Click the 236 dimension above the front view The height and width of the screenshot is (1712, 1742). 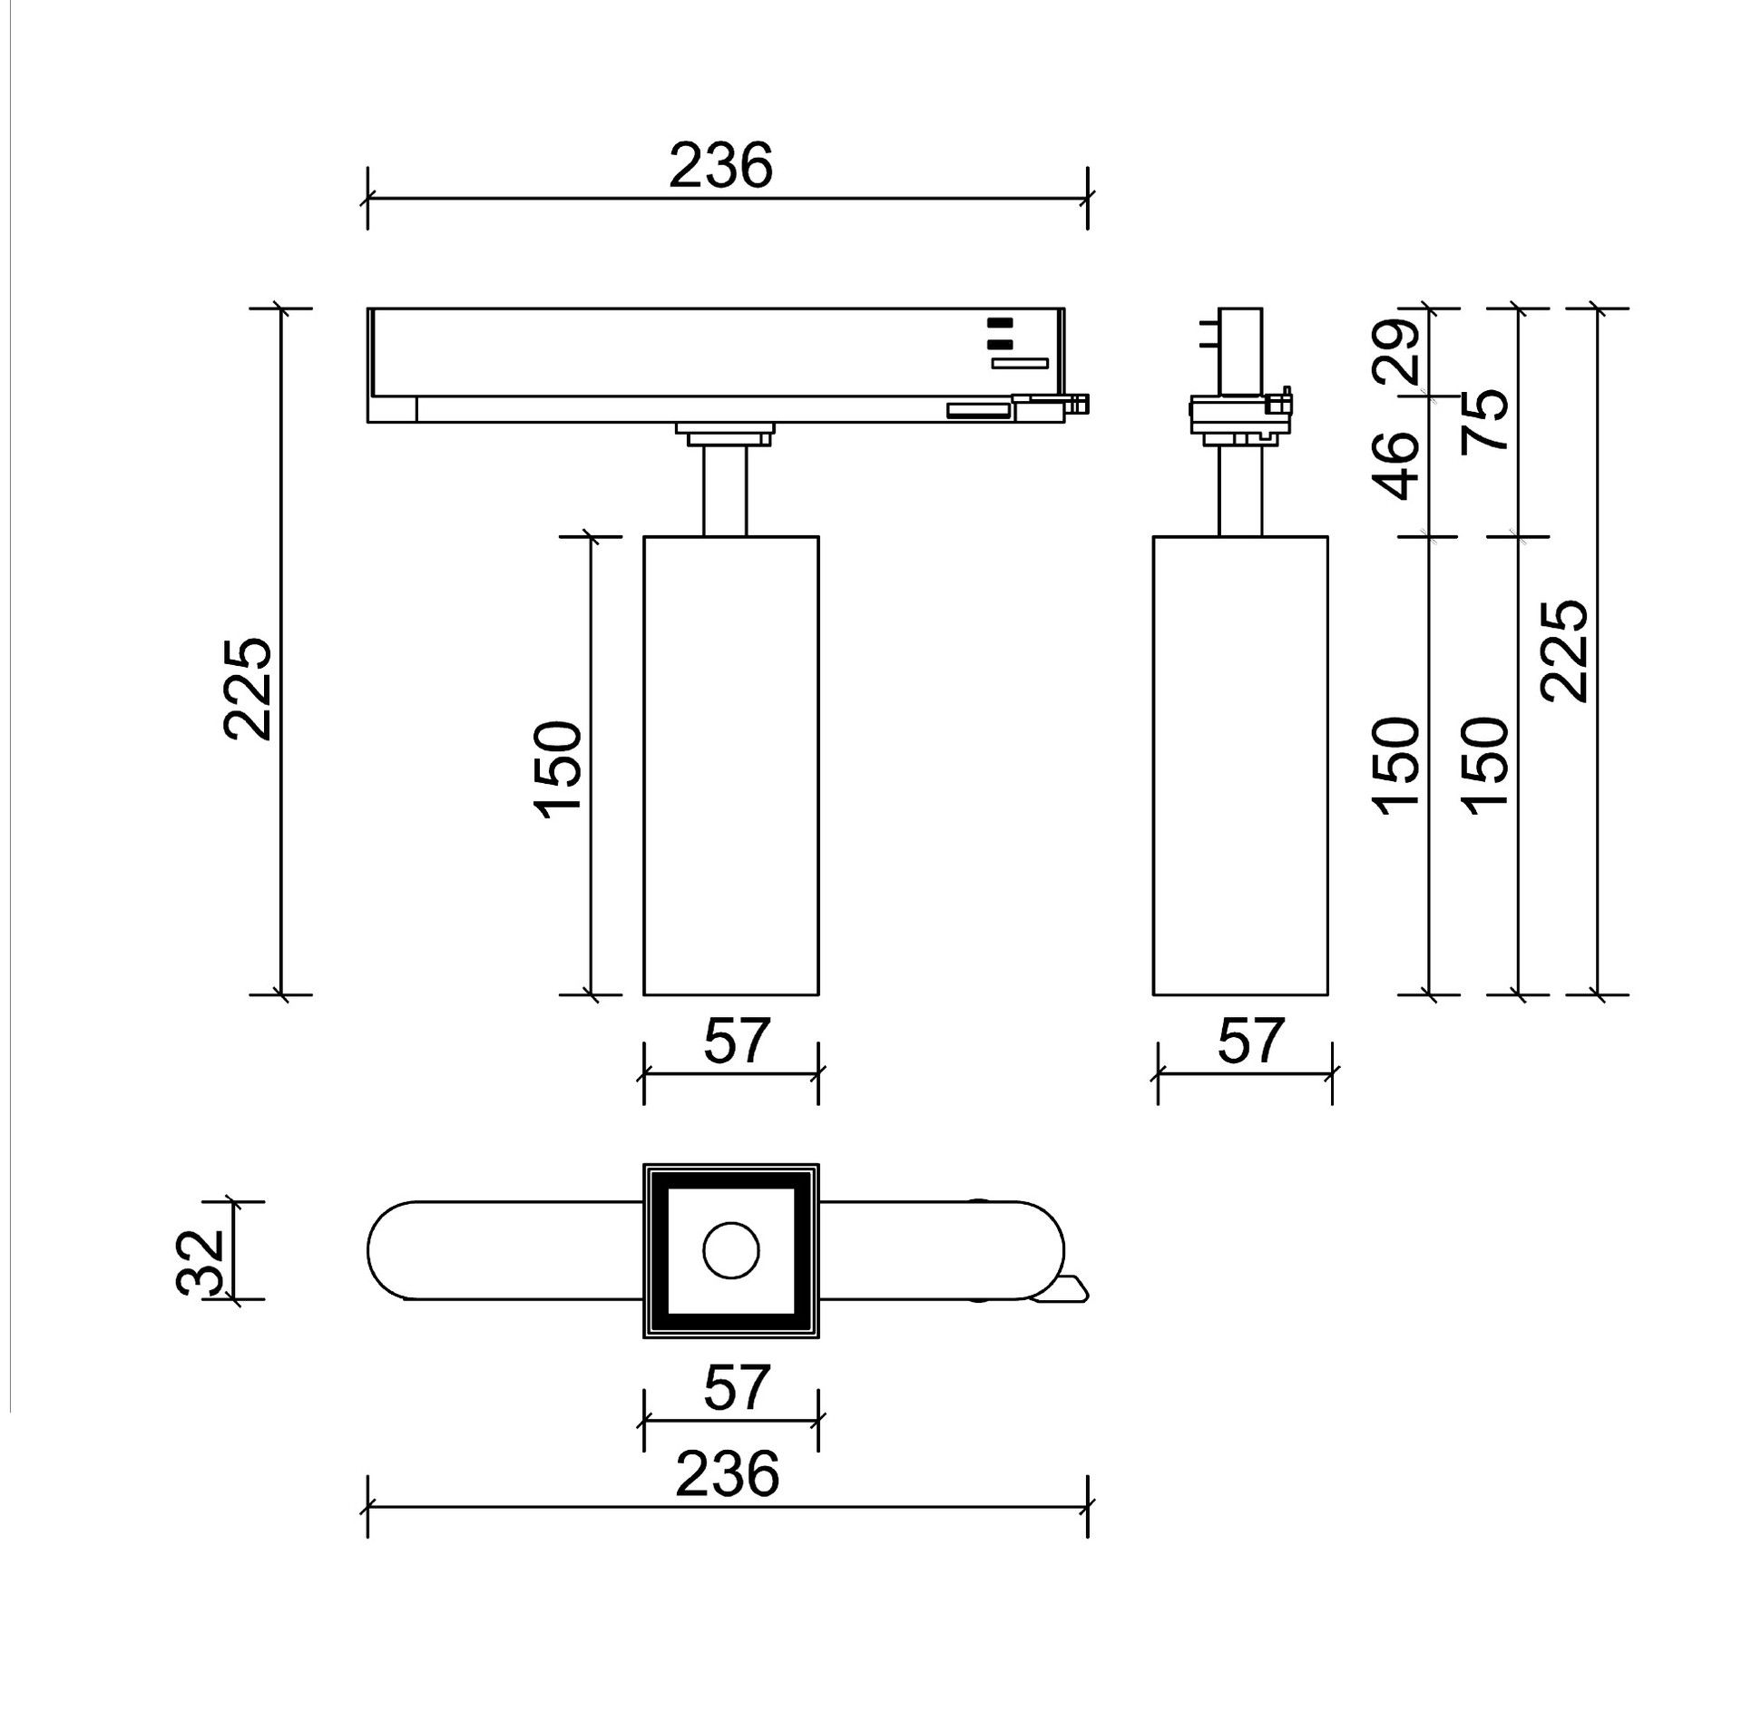(x=720, y=166)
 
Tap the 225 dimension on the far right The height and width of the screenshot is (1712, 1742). (x=1565, y=650)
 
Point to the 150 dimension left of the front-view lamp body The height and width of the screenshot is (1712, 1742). (x=558, y=768)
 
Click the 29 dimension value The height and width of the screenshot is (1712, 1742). (x=1397, y=353)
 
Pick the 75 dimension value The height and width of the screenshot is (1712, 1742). (x=1485, y=419)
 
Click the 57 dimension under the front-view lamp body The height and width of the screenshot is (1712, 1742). (x=737, y=1040)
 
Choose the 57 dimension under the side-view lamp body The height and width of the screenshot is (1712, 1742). (x=1250, y=1040)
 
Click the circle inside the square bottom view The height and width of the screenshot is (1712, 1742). (x=730, y=1251)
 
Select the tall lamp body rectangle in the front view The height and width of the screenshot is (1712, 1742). (x=730, y=765)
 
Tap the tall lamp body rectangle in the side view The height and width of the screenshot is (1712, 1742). (x=1240, y=765)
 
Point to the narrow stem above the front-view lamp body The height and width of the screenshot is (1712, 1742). (x=725, y=491)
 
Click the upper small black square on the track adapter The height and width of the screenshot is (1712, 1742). (x=999, y=321)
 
